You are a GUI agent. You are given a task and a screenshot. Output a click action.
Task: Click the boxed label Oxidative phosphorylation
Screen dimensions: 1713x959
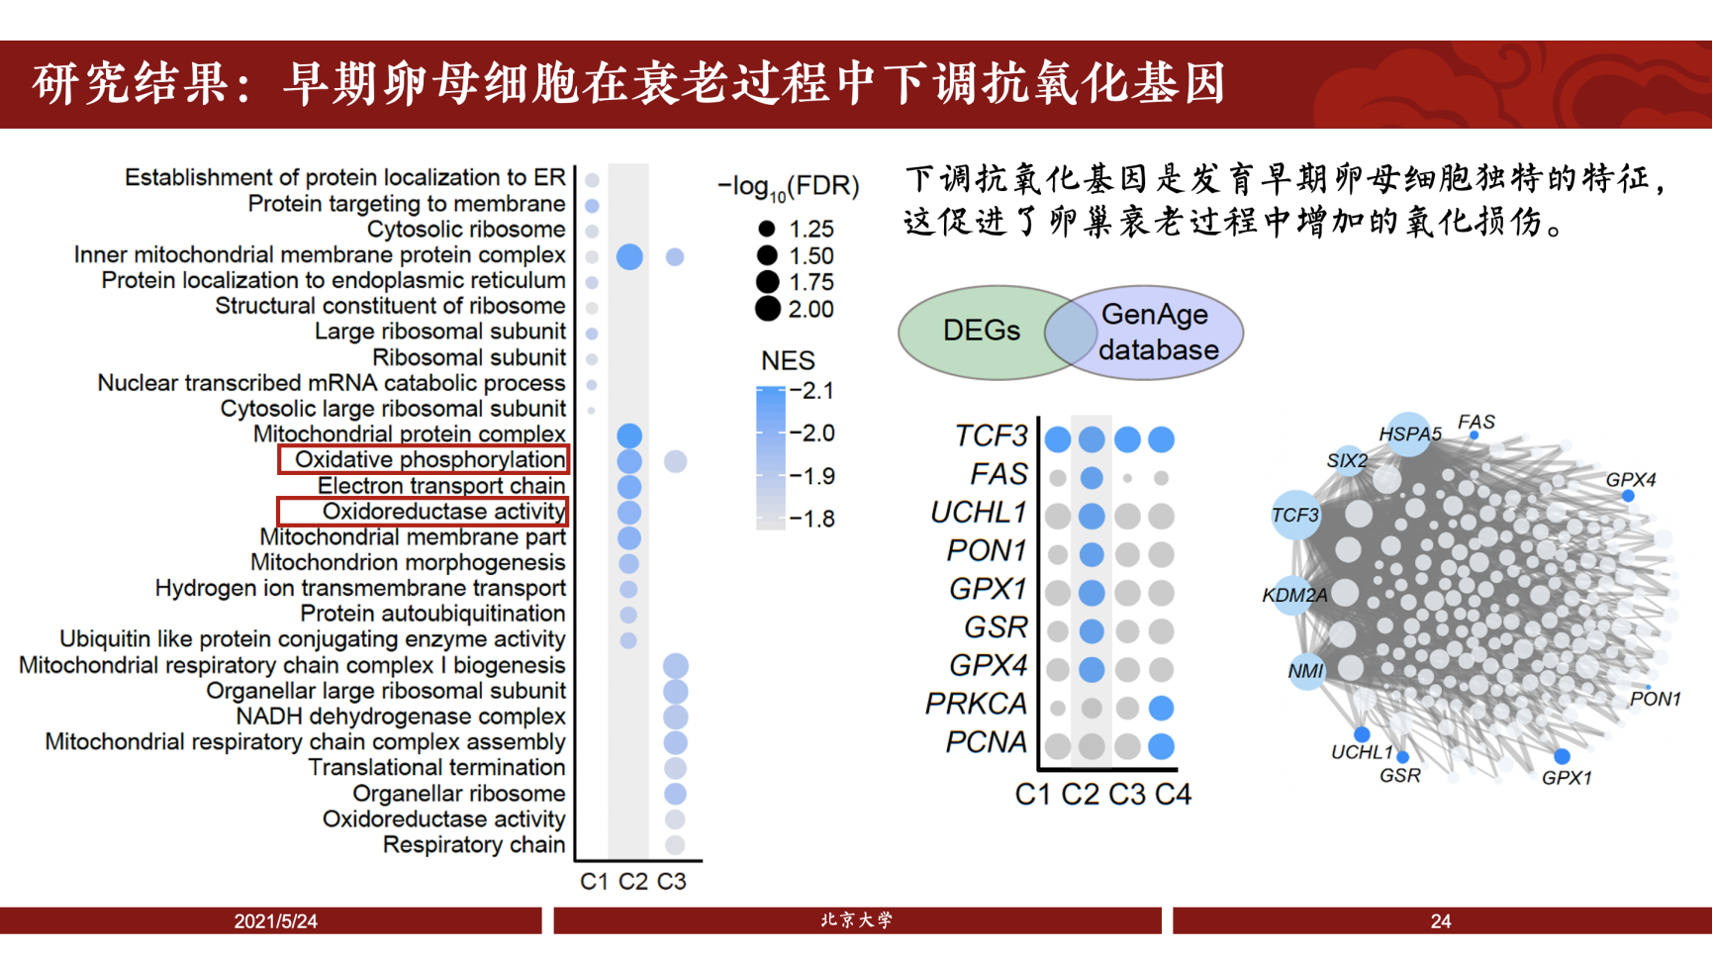429,459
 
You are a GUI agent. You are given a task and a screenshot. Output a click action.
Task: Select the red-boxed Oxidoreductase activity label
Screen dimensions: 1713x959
443,512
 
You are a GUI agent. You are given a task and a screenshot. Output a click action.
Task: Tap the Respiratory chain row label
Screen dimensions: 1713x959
473,845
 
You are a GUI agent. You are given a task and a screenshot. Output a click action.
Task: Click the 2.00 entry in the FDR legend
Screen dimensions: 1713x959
810,310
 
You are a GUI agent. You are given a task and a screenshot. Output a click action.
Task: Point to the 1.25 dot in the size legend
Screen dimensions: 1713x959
766,229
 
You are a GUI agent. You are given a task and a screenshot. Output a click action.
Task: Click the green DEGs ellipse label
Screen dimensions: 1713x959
981,331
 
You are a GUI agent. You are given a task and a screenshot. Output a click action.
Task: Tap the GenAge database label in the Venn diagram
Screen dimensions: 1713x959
1157,333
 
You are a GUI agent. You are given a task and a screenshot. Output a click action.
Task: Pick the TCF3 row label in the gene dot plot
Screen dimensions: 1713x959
991,435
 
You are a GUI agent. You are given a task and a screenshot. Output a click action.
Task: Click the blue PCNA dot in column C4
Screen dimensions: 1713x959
1162,746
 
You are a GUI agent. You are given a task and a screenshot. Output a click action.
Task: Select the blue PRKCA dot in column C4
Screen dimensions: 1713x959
1162,708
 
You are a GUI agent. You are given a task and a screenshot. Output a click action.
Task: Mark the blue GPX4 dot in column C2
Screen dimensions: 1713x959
1092,670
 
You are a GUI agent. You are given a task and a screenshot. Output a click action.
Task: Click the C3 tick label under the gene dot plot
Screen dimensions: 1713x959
1127,795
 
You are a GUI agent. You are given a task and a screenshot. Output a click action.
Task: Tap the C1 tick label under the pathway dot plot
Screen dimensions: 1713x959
594,882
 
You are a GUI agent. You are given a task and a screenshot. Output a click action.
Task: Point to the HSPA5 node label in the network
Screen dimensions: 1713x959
1409,434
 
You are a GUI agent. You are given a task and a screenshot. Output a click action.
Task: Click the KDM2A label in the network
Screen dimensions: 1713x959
1294,596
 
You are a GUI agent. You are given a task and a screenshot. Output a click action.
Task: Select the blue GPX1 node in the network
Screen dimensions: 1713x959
1562,757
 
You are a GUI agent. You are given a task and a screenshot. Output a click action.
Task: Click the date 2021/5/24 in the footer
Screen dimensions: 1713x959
275,921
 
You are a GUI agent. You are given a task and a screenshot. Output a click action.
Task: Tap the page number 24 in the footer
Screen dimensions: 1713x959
1441,921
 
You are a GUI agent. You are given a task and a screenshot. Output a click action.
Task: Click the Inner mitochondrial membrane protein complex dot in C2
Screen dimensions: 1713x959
629,257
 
